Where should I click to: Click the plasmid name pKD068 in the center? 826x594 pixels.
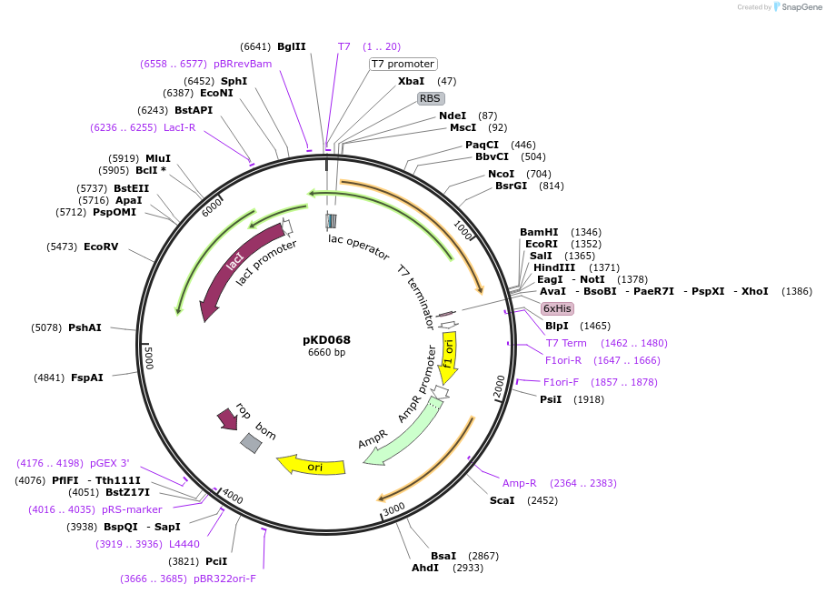[326, 339]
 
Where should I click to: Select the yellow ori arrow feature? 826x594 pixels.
[312, 466]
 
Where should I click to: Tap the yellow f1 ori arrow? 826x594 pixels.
[448, 355]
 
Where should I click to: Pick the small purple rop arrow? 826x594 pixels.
[227, 419]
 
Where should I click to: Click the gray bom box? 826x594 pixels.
[251, 443]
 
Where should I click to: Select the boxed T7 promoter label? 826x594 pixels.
[403, 64]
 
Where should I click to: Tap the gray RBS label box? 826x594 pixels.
[431, 98]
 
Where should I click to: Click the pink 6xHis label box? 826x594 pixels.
[556, 308]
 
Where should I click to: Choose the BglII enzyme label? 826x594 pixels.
[292, 46]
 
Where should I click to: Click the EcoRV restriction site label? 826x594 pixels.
[101, 247]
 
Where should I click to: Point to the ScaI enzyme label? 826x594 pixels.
[502, 500]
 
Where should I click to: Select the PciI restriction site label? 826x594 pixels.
[216, 561]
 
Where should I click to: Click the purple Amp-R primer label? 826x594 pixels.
[520, 483]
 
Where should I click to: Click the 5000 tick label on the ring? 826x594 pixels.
[149, 357]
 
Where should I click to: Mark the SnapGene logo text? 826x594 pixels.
[798, 7]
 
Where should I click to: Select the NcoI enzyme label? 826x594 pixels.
[501, 174]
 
